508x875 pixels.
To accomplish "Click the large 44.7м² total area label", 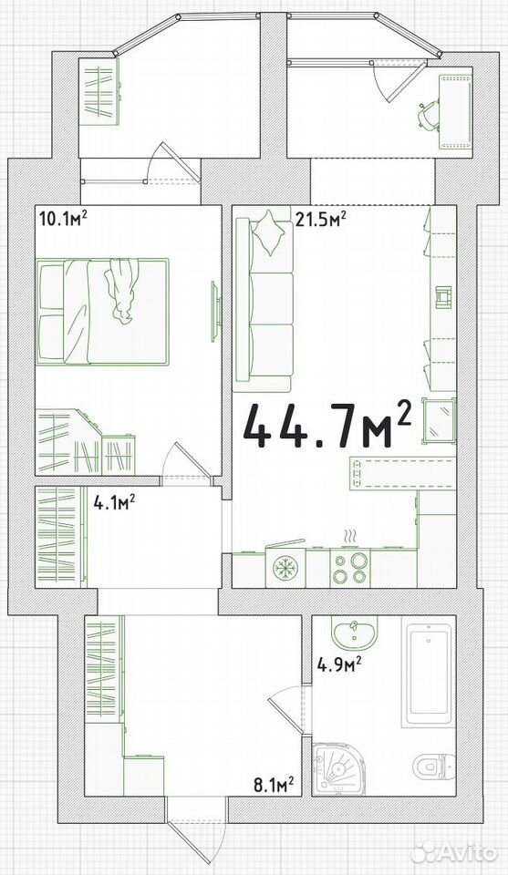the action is [x=327, y=426].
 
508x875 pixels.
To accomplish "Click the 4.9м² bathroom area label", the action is [x=339, y=664].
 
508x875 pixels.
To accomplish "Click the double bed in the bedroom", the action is [x=103, y=312].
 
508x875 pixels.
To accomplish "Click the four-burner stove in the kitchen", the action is [x=350, y=567].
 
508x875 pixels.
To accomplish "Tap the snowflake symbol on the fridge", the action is [x=285, y=568].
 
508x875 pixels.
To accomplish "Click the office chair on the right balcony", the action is [x=428, y=115].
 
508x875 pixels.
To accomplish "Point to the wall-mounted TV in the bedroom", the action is [x=214, y=311].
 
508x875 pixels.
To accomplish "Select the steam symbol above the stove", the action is [x=349, y=536].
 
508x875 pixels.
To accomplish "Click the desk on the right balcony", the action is [x=456, y=111].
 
